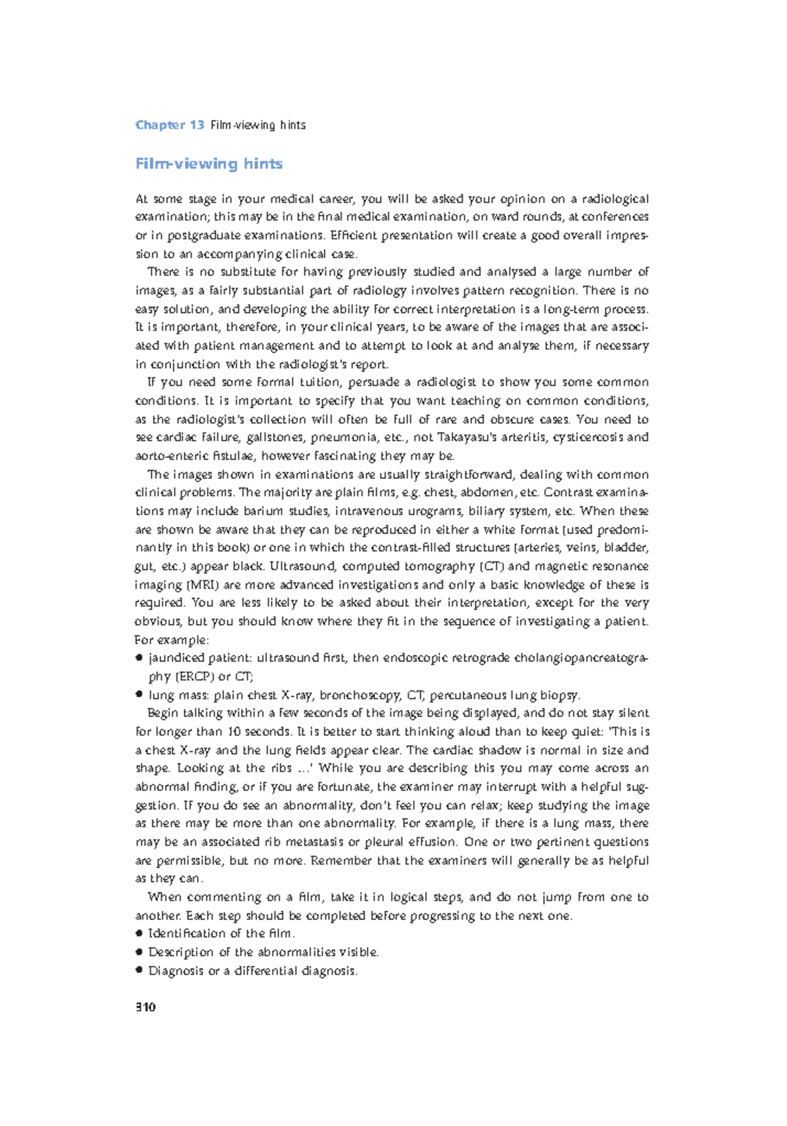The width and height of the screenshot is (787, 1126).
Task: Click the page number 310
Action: [x=146, y=1007]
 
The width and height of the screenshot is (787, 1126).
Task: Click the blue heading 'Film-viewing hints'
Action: [x=209, y=163]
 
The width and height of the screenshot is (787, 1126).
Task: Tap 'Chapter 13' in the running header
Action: [x=170, y=125]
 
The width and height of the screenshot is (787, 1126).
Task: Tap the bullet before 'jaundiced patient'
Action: [x=139, y=658]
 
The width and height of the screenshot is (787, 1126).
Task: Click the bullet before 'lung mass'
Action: [x=139, y=695]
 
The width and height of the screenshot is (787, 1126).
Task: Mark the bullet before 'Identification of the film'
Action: [x=139, y=933]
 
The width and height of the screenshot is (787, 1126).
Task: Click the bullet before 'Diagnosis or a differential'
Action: [x=139, y=970]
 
